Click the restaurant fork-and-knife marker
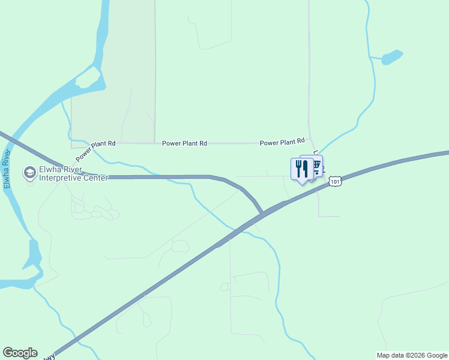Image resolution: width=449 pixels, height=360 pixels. [301, 169]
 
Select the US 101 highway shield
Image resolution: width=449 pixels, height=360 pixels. [336, 181]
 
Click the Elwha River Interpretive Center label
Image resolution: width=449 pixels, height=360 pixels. [73, 173]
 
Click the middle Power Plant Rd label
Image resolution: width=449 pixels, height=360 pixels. [184, 143]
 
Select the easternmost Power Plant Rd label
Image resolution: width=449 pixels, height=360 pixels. [282, 142]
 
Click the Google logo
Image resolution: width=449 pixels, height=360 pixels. [20, 353]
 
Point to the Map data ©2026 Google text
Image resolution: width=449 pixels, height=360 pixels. [411, 355]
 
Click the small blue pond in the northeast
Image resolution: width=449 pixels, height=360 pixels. [391, 57]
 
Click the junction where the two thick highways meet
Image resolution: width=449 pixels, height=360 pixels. [262, 213]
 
